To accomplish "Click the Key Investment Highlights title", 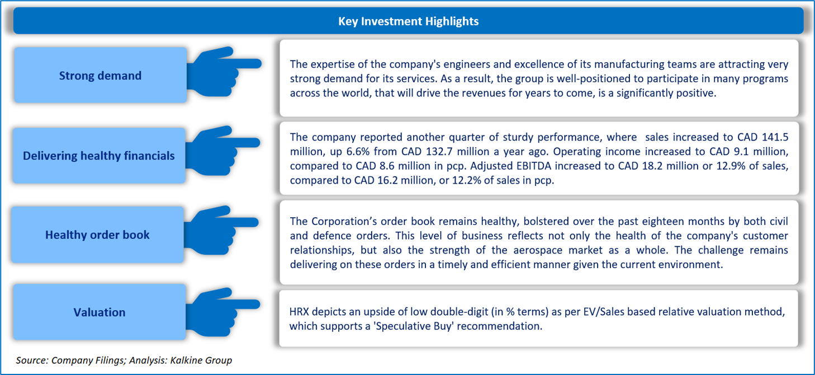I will pyautogui.click(x=408, y=21).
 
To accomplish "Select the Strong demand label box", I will pyautogui.click(x=100, y=76).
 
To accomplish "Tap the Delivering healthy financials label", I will pyautogui.click(x=99, y=156).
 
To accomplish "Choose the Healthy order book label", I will pyautogui.click(x=97, y=235).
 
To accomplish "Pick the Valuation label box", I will pyautogui.click(x=99, y=312).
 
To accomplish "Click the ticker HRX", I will pyautogui.click(x=300, y=312).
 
